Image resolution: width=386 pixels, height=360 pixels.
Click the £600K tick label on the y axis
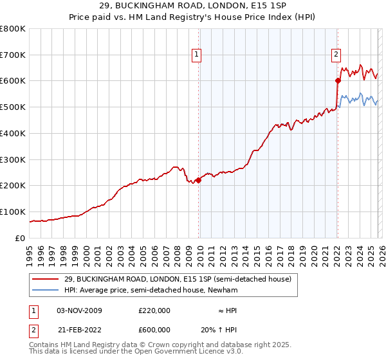click(x=13, y=81)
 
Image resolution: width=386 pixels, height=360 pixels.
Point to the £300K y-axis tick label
click(x=13, y=159)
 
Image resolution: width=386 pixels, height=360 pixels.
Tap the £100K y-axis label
click(x=13, y=212)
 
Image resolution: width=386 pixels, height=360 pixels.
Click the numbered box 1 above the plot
click(x=196, y=55)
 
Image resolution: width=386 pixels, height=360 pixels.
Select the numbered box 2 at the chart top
click(x=336, y=55)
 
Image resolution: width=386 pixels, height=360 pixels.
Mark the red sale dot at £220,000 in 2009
click(x=198, y=181)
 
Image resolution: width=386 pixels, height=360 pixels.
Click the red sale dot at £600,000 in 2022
click(x=337, y=80)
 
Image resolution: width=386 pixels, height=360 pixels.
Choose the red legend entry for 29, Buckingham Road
click(x=178, y=279)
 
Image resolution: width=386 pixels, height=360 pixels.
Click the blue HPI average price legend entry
click(x=151, y=291)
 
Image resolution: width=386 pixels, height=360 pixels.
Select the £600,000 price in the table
click(x=154, y=330)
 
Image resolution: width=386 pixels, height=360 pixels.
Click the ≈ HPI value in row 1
click(x=227, y=310)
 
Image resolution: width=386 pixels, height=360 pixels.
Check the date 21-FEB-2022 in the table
click(x=79, y=330)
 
